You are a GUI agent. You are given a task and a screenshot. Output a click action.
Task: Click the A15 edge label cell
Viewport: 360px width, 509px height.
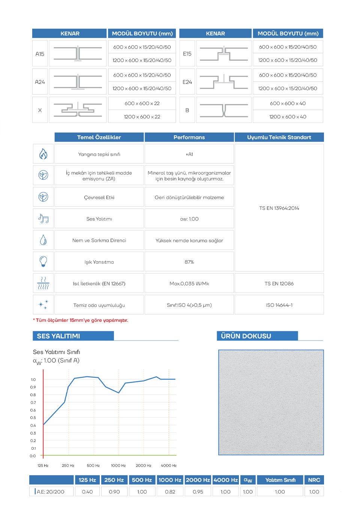40,54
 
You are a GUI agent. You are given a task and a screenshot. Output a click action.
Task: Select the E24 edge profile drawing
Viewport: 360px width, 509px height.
223,82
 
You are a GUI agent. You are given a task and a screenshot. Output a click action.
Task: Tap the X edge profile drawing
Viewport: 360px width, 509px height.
78,110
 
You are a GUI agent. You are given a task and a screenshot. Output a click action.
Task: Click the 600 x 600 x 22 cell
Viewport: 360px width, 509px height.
142,104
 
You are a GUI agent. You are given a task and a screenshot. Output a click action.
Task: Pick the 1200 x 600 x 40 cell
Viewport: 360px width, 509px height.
288,117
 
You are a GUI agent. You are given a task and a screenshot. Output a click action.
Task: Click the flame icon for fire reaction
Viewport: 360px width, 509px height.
43,154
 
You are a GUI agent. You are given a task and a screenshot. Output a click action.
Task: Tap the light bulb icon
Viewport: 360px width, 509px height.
43,261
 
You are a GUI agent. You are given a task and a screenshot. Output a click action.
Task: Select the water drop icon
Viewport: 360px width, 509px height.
43,240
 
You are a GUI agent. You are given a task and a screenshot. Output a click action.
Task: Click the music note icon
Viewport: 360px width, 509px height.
43,218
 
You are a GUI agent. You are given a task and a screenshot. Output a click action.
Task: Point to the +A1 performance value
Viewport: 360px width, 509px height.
189,154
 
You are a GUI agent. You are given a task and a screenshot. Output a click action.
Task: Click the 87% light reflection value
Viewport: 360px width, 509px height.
189,262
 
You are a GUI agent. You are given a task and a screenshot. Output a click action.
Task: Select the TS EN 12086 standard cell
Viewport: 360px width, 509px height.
279,284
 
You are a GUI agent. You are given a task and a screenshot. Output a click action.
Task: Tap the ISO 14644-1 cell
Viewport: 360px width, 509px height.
279,305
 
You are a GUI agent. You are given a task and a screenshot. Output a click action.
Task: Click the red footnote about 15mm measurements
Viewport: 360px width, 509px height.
81,320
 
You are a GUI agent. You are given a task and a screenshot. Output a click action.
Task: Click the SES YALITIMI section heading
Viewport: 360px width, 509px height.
58,336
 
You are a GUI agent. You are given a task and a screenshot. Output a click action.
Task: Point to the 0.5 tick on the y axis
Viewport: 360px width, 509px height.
33,417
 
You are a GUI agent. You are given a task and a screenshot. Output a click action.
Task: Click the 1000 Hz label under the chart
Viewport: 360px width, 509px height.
118,465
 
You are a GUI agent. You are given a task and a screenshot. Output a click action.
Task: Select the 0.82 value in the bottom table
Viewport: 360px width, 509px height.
170,492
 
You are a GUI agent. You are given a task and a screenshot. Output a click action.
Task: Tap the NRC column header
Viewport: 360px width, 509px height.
314,480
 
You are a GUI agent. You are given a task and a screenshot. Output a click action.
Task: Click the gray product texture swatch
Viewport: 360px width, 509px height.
271,402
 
